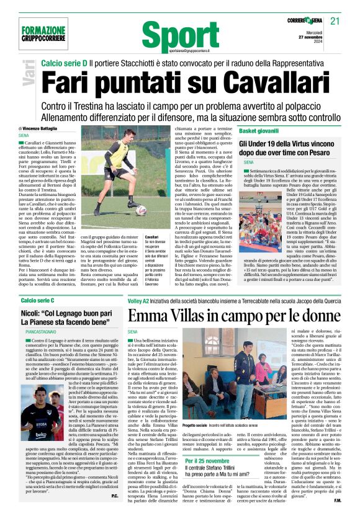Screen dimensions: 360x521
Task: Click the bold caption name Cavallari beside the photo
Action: coord(153,238)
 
